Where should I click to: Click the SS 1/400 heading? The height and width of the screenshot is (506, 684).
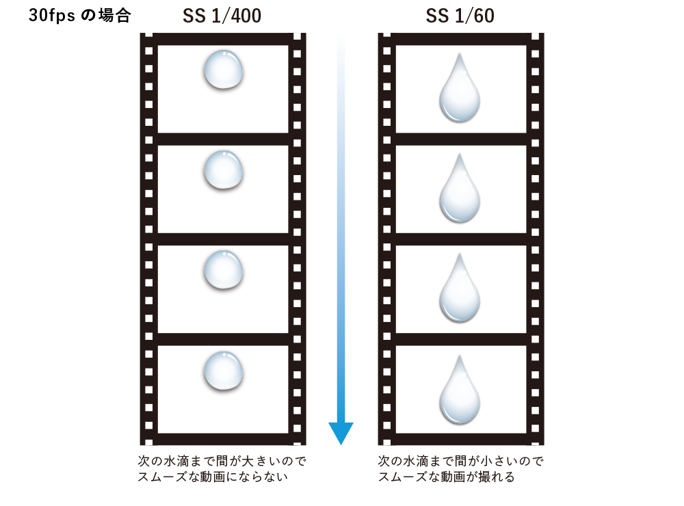[x=222, y=16]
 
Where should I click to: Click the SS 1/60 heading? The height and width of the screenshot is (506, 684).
[x=460, y=16]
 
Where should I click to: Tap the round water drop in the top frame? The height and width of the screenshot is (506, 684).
[x=223, y=70]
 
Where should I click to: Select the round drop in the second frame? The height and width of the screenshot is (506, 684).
[x=223, y=171]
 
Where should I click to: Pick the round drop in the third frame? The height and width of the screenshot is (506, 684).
[x=223, y=271]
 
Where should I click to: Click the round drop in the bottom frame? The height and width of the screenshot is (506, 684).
[x=223, y=372]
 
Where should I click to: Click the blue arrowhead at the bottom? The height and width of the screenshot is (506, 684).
[x=341, y=432]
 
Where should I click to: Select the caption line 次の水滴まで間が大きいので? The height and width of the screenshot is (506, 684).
[x=222, y=462]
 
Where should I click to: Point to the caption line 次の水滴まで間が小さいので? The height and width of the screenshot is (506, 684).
[x=460, y=462]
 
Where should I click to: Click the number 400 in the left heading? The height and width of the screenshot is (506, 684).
[x=242, y=16]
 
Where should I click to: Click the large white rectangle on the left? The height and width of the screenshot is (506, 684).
[x=83, y=253]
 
